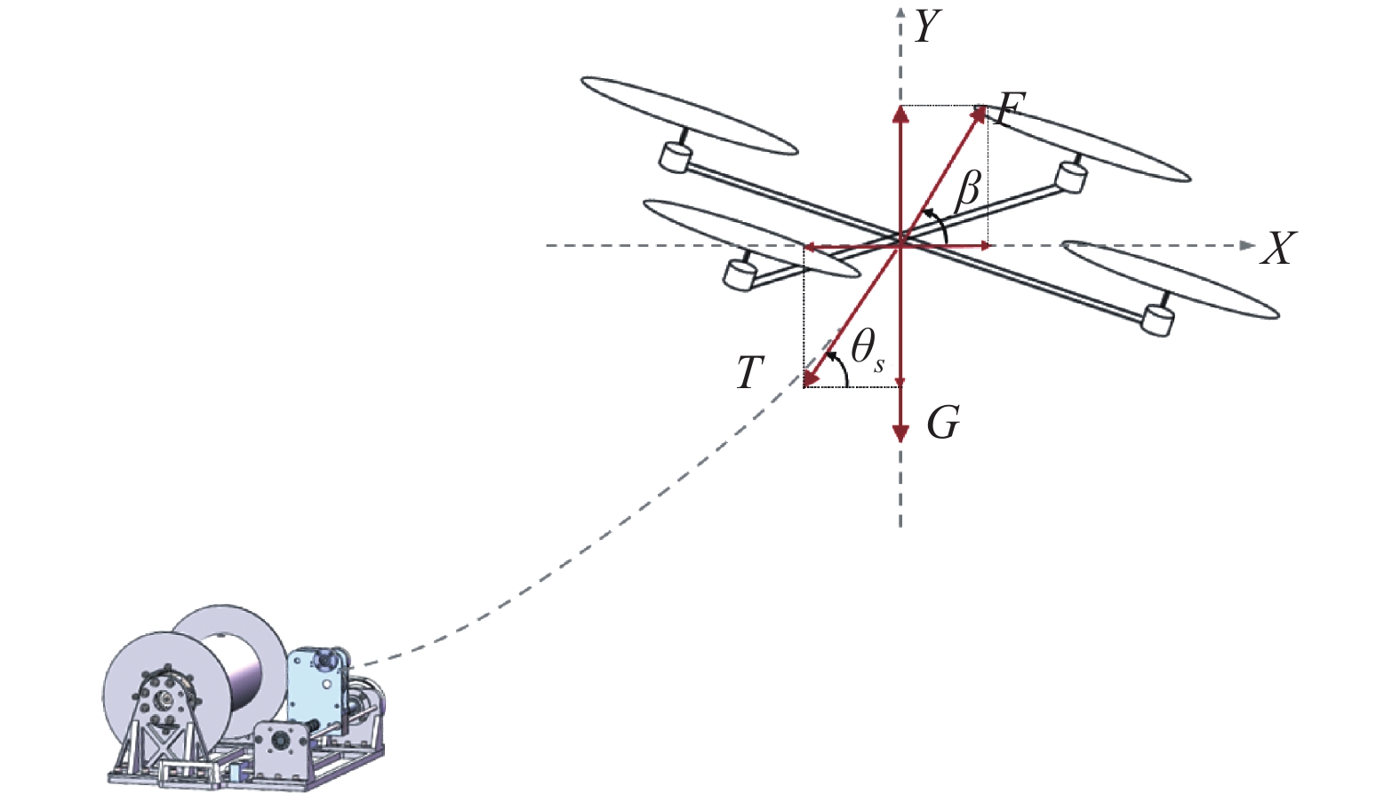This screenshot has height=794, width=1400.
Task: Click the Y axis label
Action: pos(928,28)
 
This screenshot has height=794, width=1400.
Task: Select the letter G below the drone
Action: pos(943,423)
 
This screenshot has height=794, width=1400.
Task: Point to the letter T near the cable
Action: pos(750,373)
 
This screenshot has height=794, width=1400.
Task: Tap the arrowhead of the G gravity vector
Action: pos(900,433)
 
